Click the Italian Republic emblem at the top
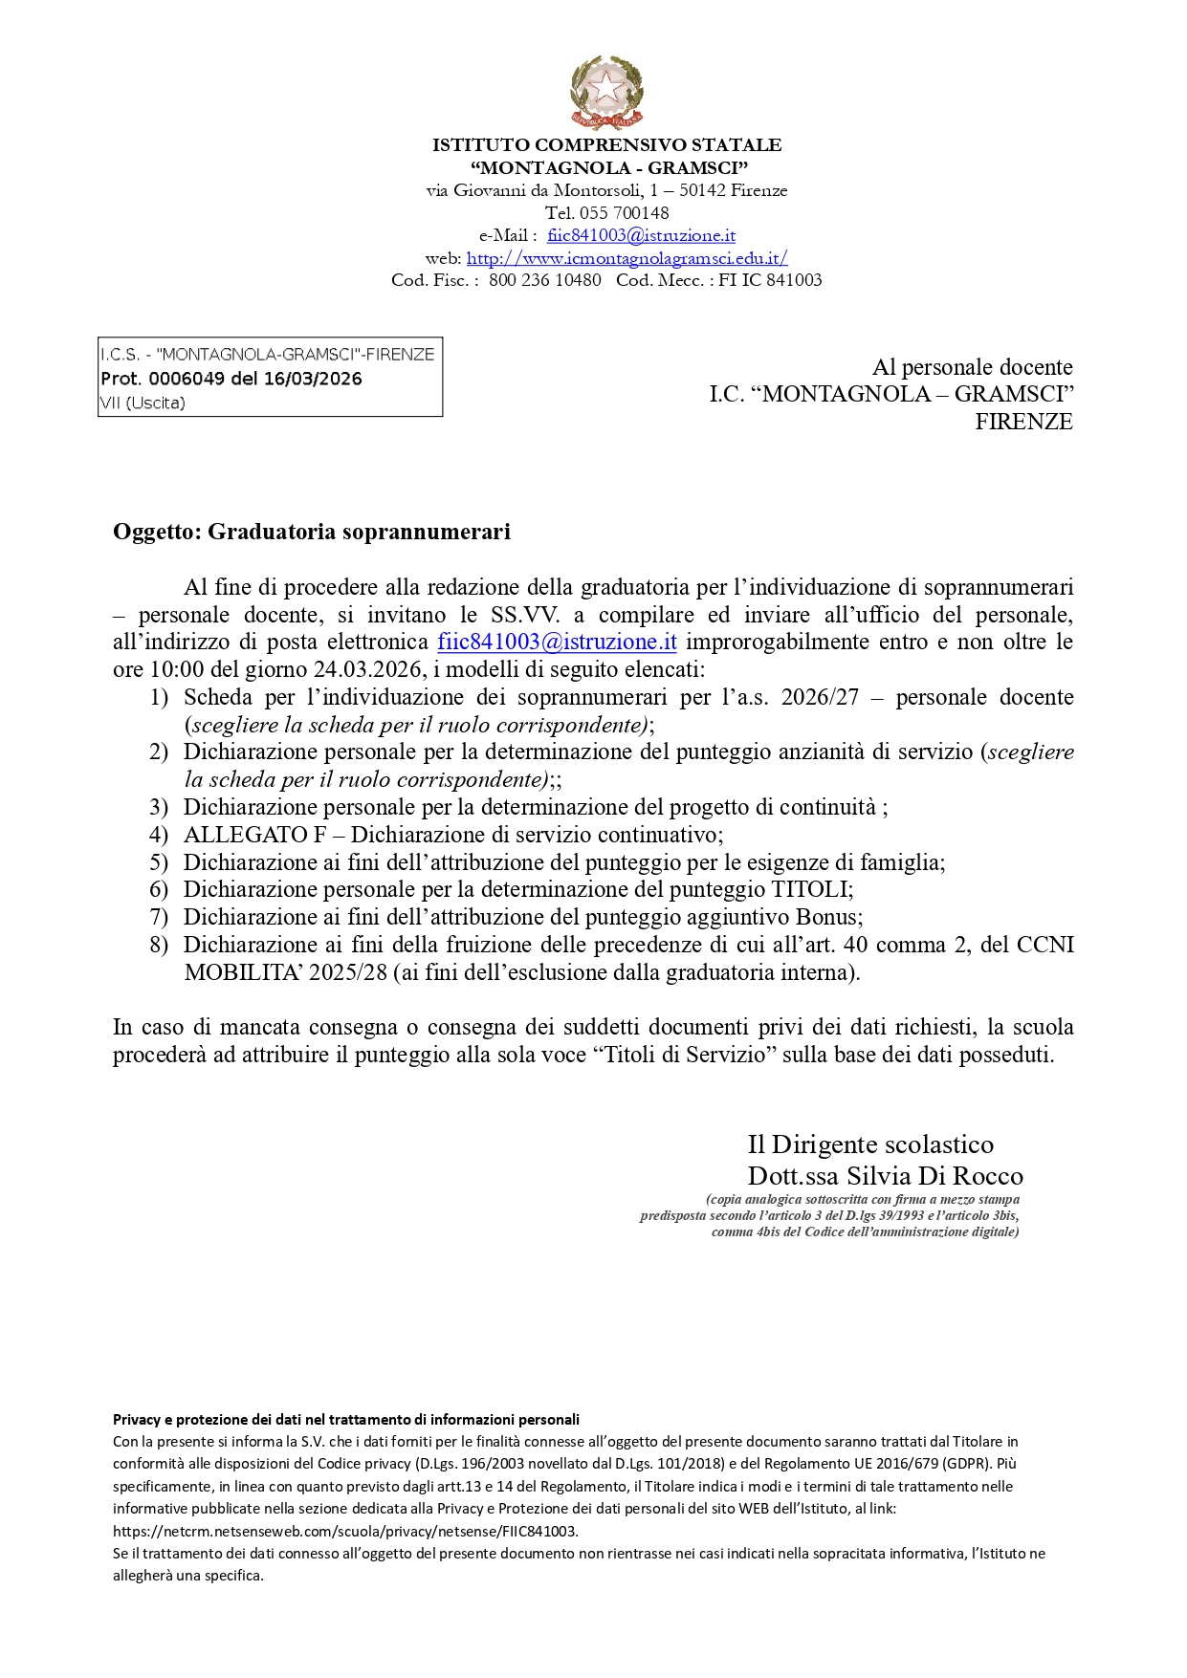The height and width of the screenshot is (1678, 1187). coord(606,92)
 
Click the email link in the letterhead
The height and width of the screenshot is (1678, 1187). coord(641,235)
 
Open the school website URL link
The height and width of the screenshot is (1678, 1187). coord(626,257)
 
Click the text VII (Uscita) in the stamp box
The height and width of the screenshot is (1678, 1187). coord(143,403)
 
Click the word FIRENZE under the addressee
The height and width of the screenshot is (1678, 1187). coord(1023,422)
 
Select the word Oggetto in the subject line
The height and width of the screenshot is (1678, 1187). coord(154,532)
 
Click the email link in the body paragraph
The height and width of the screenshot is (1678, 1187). coord(557,642)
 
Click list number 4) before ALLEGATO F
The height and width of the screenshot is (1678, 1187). coord(159,835)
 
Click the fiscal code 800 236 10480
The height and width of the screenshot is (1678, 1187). coord(544,280)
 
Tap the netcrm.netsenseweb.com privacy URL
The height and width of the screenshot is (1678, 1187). coord(344,1531)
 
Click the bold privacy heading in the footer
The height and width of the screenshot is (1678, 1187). coord(346,1420)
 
